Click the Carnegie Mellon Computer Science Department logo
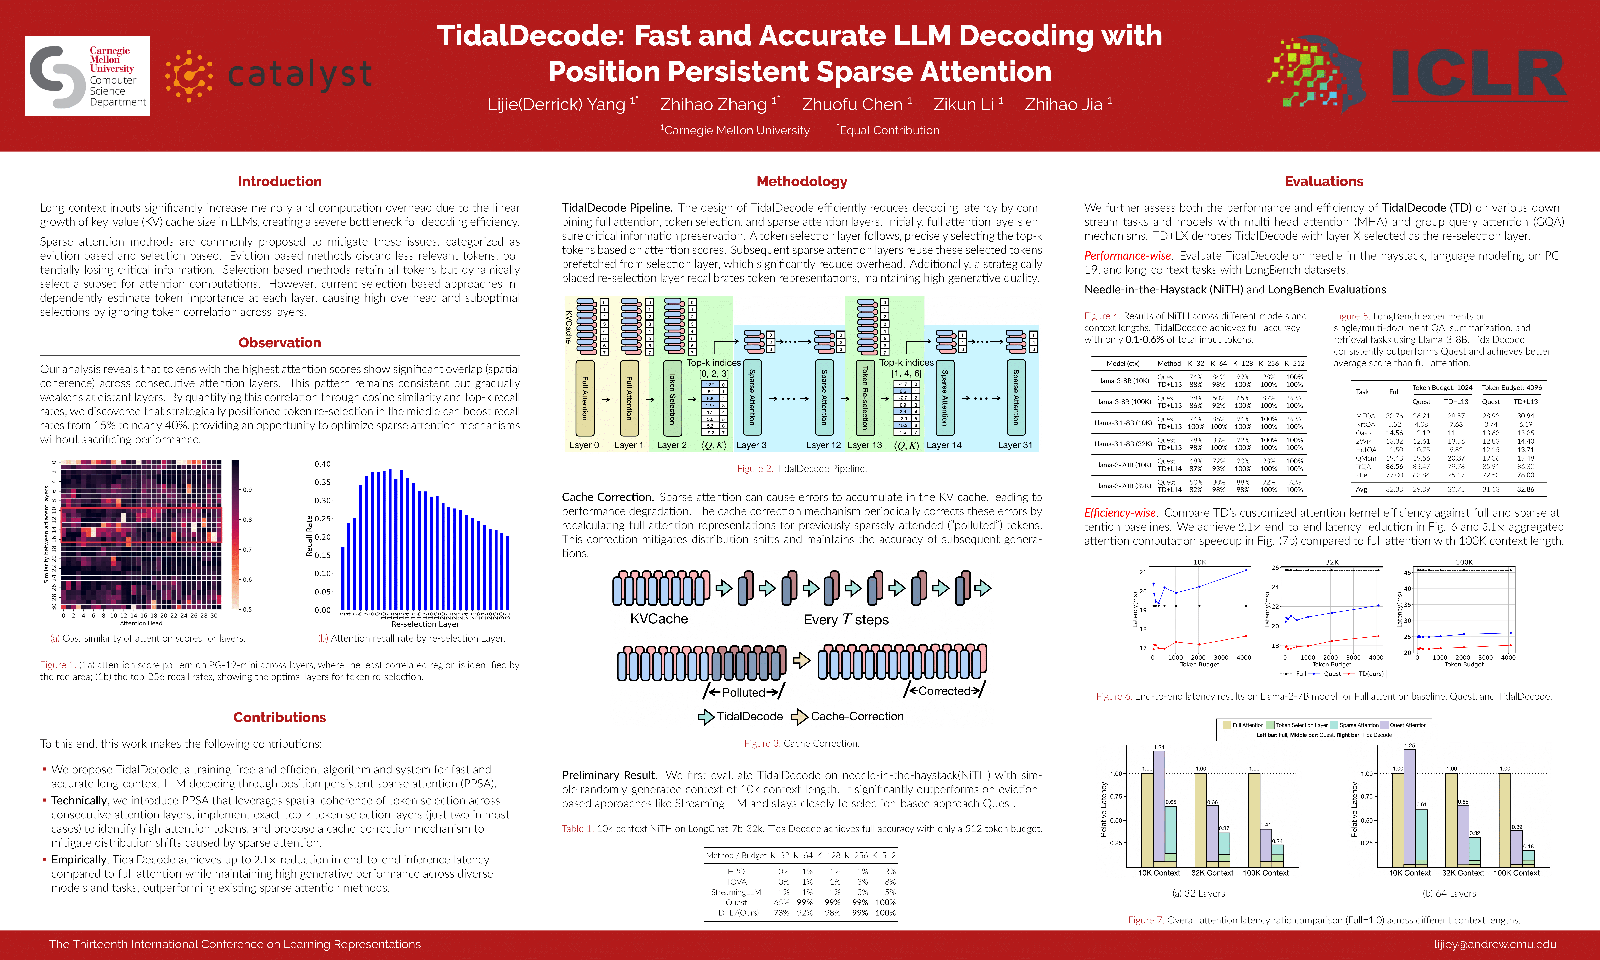(x=87, y=76)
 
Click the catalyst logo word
(x=299, y=74)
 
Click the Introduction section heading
(x=279, y=181)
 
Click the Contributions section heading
(x=279, y=717)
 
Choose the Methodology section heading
(x=802, y=181)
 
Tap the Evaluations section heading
(x=1324, y=181)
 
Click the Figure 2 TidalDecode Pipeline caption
(x=802, y=468)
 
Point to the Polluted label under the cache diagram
(x=744, y=692)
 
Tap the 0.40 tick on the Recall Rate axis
(x=322, y=464)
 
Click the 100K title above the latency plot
(x=1464, y=562)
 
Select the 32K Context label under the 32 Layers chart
(x=1212, y=873)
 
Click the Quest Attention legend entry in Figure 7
(x=1407, y=725)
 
